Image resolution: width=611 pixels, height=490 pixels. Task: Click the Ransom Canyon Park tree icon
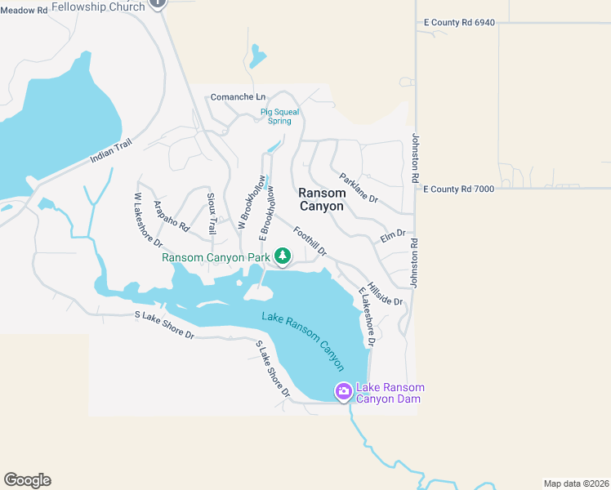(x=283, y=257)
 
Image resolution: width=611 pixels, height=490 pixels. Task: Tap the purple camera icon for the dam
(x=344, y=392)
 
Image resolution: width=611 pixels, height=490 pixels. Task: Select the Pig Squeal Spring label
(x=279, y=116)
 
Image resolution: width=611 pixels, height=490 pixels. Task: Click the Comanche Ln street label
(x=238, y=97)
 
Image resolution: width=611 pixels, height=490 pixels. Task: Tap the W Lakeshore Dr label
(x=149, y=220)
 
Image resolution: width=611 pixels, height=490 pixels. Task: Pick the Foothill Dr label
(x=310, y=240)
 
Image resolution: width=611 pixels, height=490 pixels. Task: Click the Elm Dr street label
(x=393, y=235)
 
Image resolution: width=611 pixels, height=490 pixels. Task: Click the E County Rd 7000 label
(x=458, y=189)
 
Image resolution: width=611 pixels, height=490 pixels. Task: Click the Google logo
(x=27, y=480)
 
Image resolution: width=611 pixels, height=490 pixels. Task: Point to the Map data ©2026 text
(x=575, y=483)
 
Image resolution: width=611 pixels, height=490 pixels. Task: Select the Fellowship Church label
(x=98, y=7)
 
